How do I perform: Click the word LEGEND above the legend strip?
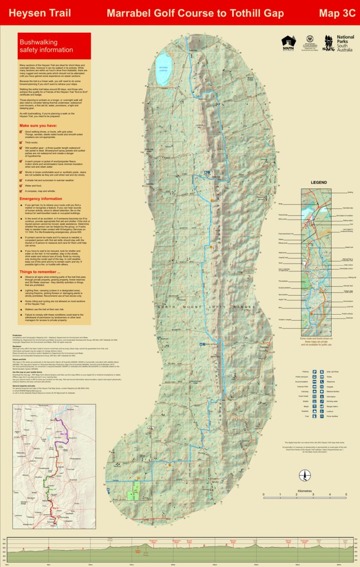318,182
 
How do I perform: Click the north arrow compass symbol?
304,475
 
